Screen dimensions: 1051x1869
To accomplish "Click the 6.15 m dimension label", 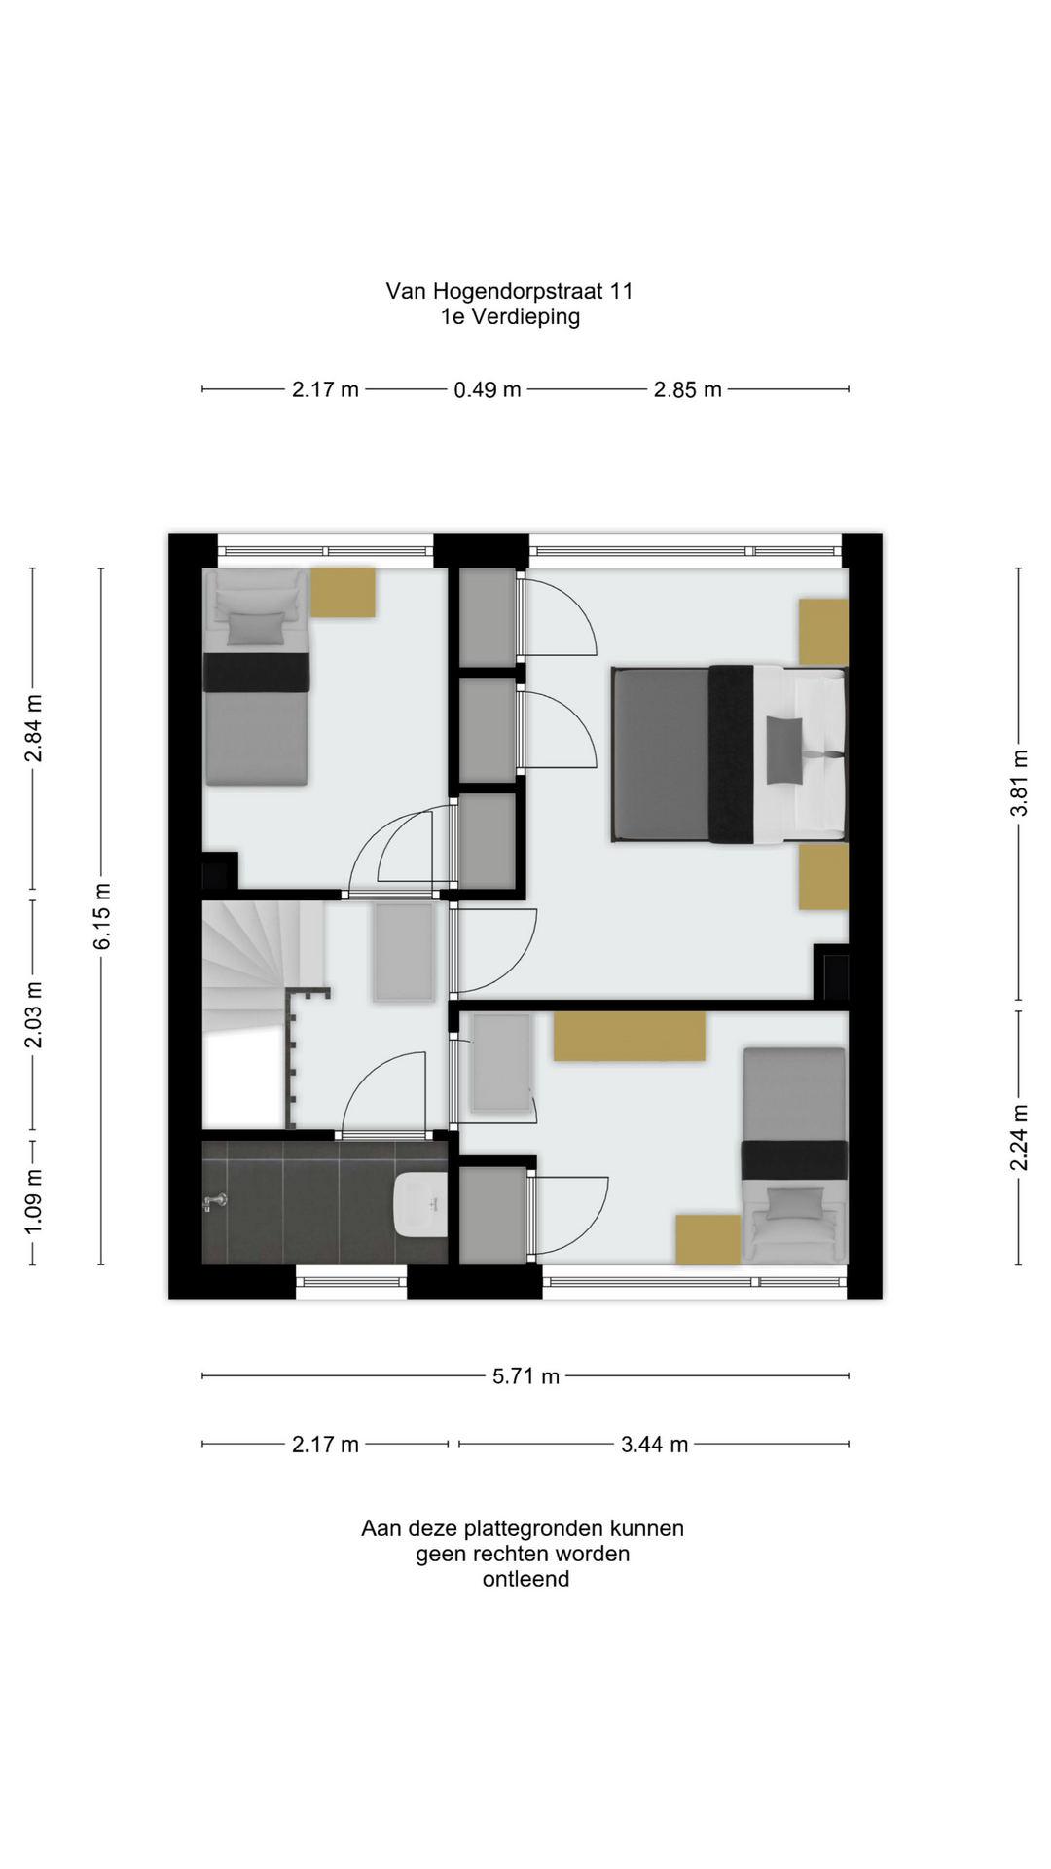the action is (x=102, y=916).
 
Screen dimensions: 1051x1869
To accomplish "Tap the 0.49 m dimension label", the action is (x=488, y=390).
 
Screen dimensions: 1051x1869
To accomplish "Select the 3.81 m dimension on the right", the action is (x=1019, y=783).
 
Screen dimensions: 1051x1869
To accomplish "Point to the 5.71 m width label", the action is (x=525, y=1376).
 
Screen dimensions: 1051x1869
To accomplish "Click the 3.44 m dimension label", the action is (x=654, y=1445).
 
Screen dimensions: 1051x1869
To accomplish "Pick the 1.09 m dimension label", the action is (x=34, y=1200).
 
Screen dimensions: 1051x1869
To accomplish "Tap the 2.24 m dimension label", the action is (x=1019, y=1138).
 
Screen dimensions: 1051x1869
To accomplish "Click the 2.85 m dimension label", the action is (x=687, y=390).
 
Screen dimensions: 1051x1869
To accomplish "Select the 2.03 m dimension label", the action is (x=34, y=1015).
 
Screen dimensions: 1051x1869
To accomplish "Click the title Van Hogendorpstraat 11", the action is (x=509, y=291).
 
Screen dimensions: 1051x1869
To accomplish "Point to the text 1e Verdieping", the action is (x=510, y=316).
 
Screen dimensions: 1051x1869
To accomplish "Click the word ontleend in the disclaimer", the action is (x=525, y=1579).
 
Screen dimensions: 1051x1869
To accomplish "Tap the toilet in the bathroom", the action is (x=420, y=1204).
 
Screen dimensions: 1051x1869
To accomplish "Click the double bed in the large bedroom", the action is (x=729, y=753).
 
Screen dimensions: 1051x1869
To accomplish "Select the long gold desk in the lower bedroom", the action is (x=629, y=1036).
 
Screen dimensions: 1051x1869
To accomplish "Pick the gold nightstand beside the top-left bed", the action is (x=343, y=592).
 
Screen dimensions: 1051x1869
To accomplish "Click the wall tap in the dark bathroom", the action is (x=214, y=1202).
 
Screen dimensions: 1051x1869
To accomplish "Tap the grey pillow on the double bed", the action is (x=785, y=750).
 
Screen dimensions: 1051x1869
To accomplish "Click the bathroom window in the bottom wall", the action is (x=351, y=1281).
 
